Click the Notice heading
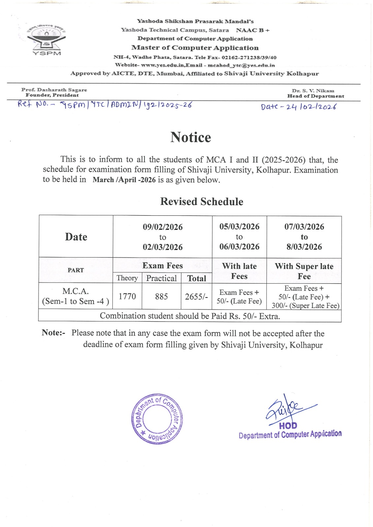coord(191,137)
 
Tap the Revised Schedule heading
coord(202,202)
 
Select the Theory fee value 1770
coord(127,296)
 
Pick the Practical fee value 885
coord(161,296)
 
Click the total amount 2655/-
coord(196,297)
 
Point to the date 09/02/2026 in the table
coord(163,227)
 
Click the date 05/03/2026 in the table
coord(239,227)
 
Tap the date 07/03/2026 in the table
coord(304,227)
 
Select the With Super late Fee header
coord(304,271)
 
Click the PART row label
coord(76,270)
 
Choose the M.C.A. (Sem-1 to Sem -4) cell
coord(76,296)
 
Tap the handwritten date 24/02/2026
coord(298,107)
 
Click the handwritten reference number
coord(105,105)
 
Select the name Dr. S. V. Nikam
coord(313,91)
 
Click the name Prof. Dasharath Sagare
coord(54,90)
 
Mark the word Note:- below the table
coord(53,333)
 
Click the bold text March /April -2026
coord(124,180)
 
